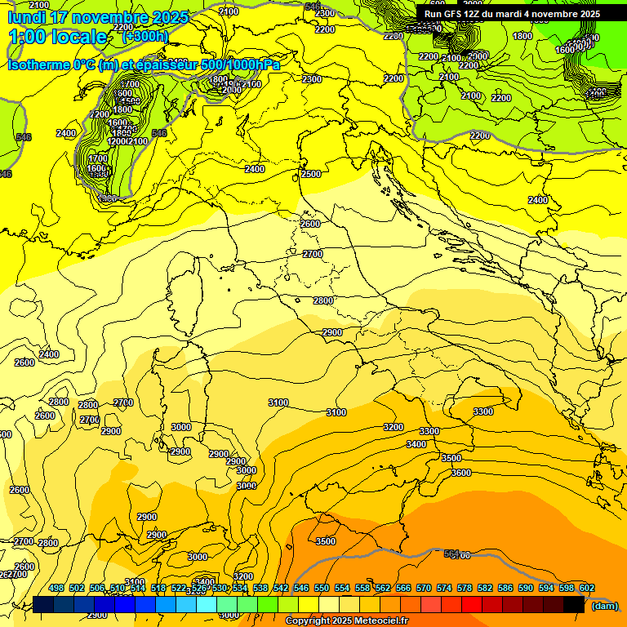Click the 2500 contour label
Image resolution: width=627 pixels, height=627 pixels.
point(311,174)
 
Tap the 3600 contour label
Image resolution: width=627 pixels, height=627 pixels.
point(461,473)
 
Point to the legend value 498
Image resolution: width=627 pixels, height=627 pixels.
point(56,589)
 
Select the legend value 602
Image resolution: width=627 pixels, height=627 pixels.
point(587,589)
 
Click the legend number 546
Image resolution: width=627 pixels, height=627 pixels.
point(301,589)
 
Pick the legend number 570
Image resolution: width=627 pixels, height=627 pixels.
point(424,589)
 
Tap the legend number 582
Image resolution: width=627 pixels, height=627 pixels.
point(485,589)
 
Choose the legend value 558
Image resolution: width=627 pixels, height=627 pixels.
point(362,589)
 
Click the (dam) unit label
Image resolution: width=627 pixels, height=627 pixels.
point(604,605)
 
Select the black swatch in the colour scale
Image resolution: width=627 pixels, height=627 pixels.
point(574,604)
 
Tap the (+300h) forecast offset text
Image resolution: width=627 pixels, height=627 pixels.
point(145,36)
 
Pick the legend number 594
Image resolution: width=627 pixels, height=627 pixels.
point(546,589)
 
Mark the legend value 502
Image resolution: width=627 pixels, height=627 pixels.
point(77,589)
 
